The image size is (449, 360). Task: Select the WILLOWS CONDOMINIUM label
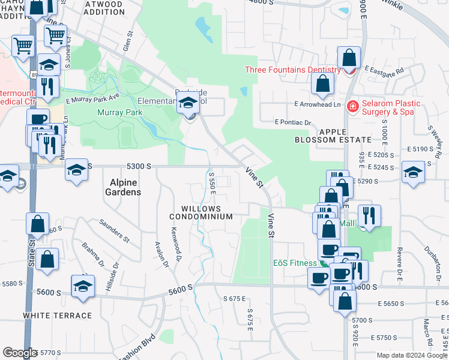click(200, 212)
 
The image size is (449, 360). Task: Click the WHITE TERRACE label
click(58, 315)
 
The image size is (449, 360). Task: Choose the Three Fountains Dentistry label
click(292, 70)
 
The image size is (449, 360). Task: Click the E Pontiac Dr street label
click(292, 122)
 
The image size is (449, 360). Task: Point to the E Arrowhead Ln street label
click(318, 104)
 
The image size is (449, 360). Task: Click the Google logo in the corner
click(20, 353)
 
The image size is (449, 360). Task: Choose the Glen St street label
click(127, 41)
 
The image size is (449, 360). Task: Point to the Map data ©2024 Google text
click(412, 355)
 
